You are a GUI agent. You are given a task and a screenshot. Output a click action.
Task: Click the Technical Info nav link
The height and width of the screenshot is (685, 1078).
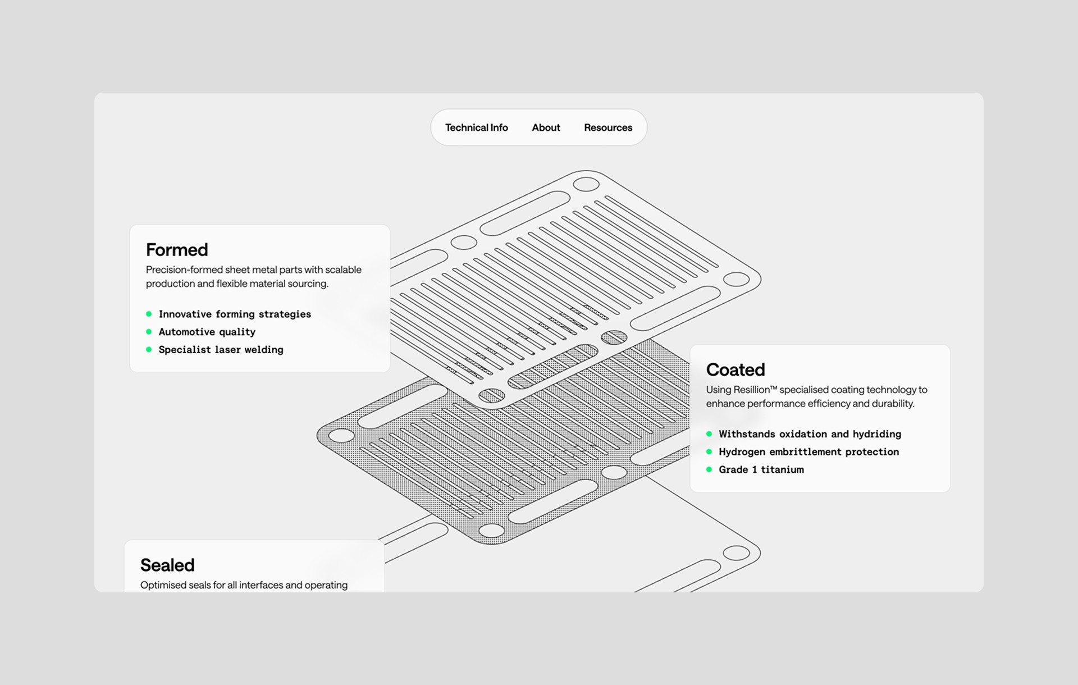tap(476, 127)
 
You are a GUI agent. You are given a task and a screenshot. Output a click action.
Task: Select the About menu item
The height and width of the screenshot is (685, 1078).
tap(546, 127)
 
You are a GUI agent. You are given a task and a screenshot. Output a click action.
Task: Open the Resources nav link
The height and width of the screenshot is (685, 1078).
tap(608, 127)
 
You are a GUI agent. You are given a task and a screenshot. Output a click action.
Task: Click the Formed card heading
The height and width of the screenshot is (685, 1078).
tap(177, 249)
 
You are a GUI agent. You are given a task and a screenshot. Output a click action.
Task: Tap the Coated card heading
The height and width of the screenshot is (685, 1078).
tap(736, 369)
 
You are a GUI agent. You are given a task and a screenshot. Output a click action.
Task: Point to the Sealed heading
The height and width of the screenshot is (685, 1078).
tap(167, 565)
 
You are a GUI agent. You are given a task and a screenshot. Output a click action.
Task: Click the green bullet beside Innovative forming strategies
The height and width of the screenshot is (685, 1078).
tap(149, 314)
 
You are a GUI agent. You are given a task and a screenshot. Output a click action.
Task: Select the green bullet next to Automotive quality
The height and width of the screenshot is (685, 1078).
tap(149, 332)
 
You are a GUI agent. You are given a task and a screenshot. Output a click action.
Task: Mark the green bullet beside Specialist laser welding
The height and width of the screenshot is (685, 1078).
tap(149, 349)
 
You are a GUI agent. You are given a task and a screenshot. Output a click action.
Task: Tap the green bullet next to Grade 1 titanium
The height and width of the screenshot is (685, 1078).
tap(709, 469)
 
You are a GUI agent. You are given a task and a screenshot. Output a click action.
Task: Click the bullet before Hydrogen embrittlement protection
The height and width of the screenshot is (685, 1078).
tap(709, 451)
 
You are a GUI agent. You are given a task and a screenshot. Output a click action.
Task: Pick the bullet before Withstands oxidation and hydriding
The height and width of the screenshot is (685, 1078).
tap(709, 434)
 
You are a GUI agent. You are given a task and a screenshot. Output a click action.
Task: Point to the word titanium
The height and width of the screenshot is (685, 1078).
tap(782, 469)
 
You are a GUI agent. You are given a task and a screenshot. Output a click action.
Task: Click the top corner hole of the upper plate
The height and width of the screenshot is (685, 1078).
tap(586, 184)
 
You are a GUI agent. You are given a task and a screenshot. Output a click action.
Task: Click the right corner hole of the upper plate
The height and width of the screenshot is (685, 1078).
tap(736, 279)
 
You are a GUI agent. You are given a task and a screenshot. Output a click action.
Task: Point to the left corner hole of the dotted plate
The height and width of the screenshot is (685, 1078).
tap(341, 436)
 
